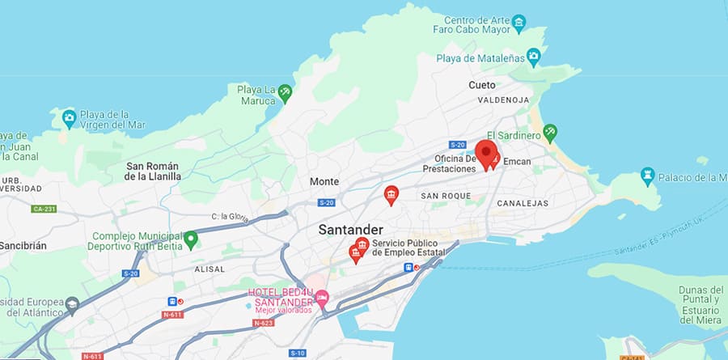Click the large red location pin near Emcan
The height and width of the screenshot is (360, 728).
tap(485, 153)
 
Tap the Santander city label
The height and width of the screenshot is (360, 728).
tap(350, 230)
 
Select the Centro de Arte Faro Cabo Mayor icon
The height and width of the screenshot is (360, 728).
tap(519, 21)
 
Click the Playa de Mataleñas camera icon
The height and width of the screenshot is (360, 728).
tap(533, 57)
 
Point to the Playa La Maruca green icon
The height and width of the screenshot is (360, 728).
tap(285, 94)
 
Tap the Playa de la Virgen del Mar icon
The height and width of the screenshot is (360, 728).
tap(70, 118)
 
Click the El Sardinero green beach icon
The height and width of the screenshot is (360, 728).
tap(550, 131)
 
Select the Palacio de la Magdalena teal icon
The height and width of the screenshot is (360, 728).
tap(647, 175)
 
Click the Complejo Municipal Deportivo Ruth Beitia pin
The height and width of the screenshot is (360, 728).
tap(191, 239)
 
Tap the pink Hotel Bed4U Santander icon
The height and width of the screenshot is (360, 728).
tap(322, 299)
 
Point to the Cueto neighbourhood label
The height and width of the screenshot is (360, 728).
tap(481, 85)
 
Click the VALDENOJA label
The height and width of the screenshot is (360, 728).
tap(503, 100)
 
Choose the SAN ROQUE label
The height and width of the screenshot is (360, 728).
tap(445, 196)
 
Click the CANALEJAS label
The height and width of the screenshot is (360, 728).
tap(523, 203)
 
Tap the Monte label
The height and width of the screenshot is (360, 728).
tap(324, 182)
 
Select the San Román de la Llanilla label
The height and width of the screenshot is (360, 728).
tap(153, 171)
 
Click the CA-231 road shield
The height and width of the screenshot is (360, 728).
tap(44, 209)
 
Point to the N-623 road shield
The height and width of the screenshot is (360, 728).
tap(263, 323)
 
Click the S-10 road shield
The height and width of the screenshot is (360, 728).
tap(298, 353)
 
